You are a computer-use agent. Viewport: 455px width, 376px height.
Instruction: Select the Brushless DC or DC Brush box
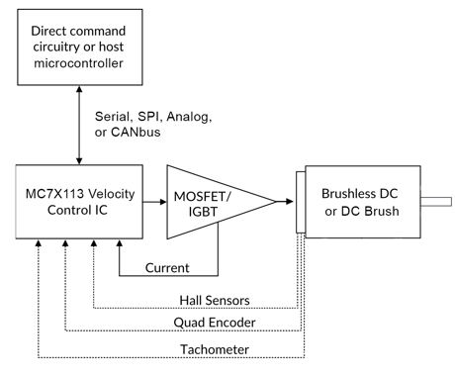[361, 204]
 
